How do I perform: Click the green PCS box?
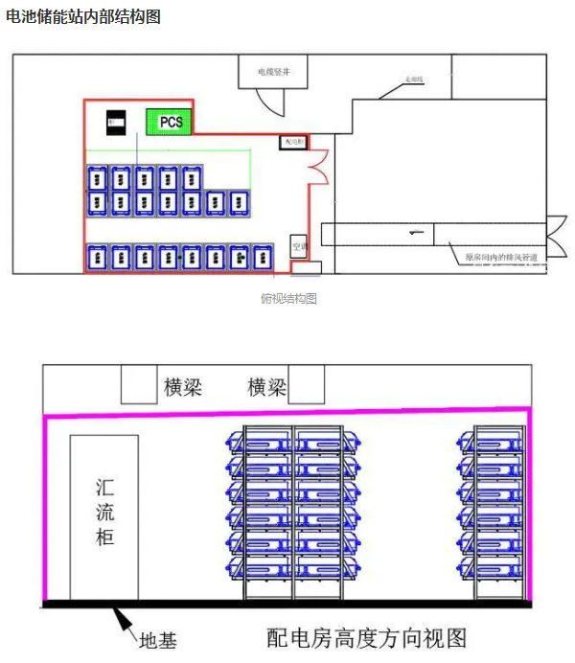point(170,122)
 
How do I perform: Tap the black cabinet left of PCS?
point(116,122)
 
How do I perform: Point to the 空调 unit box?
point(299,246)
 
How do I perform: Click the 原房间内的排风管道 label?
point(499,257)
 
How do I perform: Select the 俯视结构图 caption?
point(288,299)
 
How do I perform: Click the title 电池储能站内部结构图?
point(83,16)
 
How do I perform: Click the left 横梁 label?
point(183,387)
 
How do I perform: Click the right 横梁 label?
point(267,387)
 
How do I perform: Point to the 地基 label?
point(158,639)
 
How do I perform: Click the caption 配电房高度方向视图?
point(366,637)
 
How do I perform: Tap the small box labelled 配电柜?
point(292,142)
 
